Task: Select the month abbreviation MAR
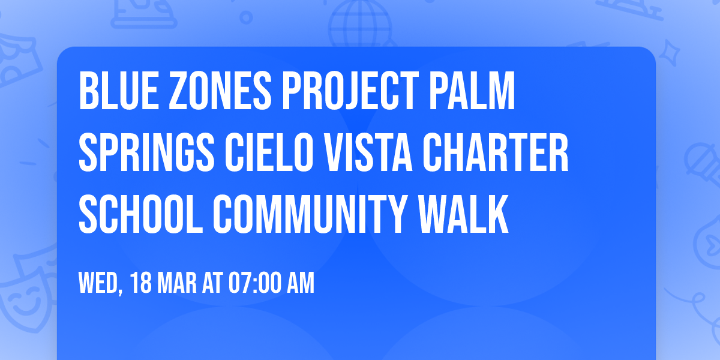pyautogui.click(x=176, y=283)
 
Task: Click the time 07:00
pyautogui.click(x=253, y=283)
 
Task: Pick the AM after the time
pyautogui.click(x=301, y=283)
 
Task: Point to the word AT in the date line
pyautogui.click(x=211, y=283)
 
